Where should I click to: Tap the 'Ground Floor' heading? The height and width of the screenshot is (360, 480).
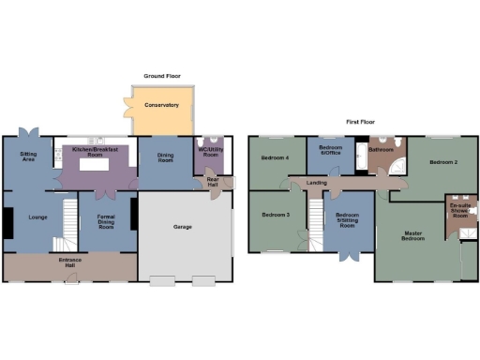point(162,75)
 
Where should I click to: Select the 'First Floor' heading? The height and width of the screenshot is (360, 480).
point(363,122)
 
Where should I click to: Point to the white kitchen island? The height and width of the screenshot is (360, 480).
point(94,165)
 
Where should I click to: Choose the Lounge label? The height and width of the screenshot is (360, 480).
point(38,217)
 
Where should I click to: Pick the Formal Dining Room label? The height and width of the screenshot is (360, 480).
point(105,222)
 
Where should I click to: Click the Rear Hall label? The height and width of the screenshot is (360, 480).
point(214,181)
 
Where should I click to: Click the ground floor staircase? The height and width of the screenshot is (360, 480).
point(67,221)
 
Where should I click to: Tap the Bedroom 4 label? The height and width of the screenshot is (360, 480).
point(275,157)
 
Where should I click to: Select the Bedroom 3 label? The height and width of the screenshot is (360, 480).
point(275,215)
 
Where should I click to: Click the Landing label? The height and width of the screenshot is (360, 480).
point(317,182)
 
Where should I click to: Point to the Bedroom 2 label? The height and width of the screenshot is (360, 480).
point(443,162)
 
